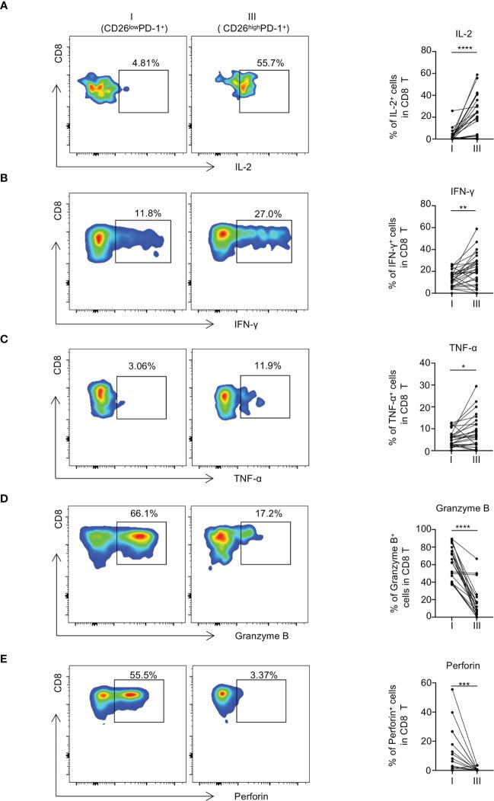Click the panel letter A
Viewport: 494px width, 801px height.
(6, 6)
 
